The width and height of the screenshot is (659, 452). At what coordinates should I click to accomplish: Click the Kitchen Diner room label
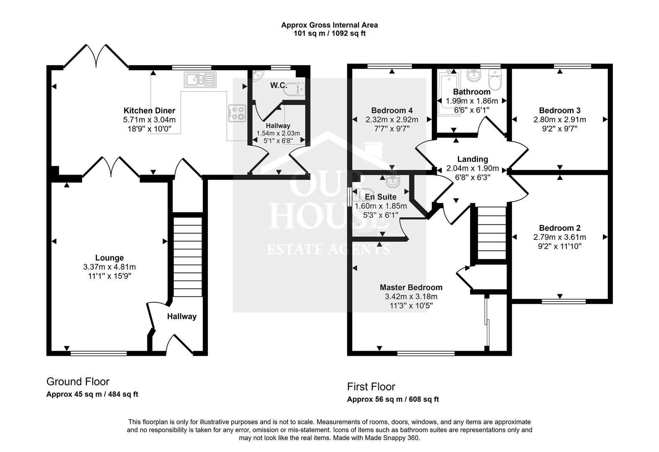[x=149, y=110]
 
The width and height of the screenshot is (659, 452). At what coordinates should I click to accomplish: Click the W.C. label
[x=278, y=86]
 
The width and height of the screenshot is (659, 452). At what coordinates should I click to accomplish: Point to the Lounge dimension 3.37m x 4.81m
[x=109, y=267]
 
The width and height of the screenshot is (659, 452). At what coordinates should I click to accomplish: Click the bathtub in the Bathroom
[x=448, y=94]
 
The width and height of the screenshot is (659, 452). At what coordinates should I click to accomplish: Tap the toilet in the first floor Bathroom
[x=495, y=80]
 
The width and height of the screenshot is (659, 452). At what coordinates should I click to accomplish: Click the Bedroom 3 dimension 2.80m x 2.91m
[x=559, y=120]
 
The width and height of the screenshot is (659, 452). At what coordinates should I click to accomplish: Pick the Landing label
[x=472, y=159]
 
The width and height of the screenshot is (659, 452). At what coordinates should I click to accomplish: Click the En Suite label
[x=380, y=197]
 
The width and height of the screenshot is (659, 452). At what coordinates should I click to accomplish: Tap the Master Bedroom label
[x=411, y=288]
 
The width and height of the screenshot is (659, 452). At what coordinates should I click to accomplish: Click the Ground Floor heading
[x=78, y=382]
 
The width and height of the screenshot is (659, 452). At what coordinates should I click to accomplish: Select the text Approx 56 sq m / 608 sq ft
[x=393, y=399]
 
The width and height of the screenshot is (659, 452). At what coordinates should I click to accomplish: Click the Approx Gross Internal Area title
[x=329, y=25]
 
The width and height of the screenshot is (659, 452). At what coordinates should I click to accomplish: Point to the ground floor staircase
[x=188, y=255]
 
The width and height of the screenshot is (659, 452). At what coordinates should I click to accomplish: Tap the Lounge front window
[x=98, y=354]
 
